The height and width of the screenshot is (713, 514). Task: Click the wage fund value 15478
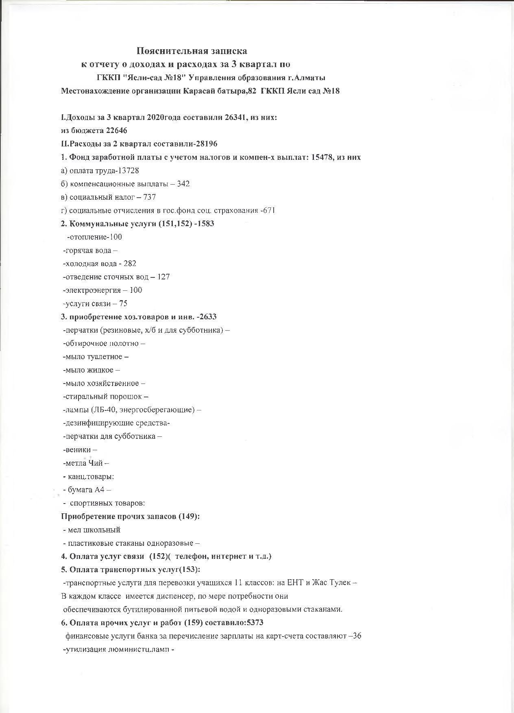point(322,157)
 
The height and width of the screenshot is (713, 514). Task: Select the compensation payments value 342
point(183,184)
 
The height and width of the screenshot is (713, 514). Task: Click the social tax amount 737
point(150,197)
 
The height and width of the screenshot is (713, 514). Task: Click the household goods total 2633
point(207,316)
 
